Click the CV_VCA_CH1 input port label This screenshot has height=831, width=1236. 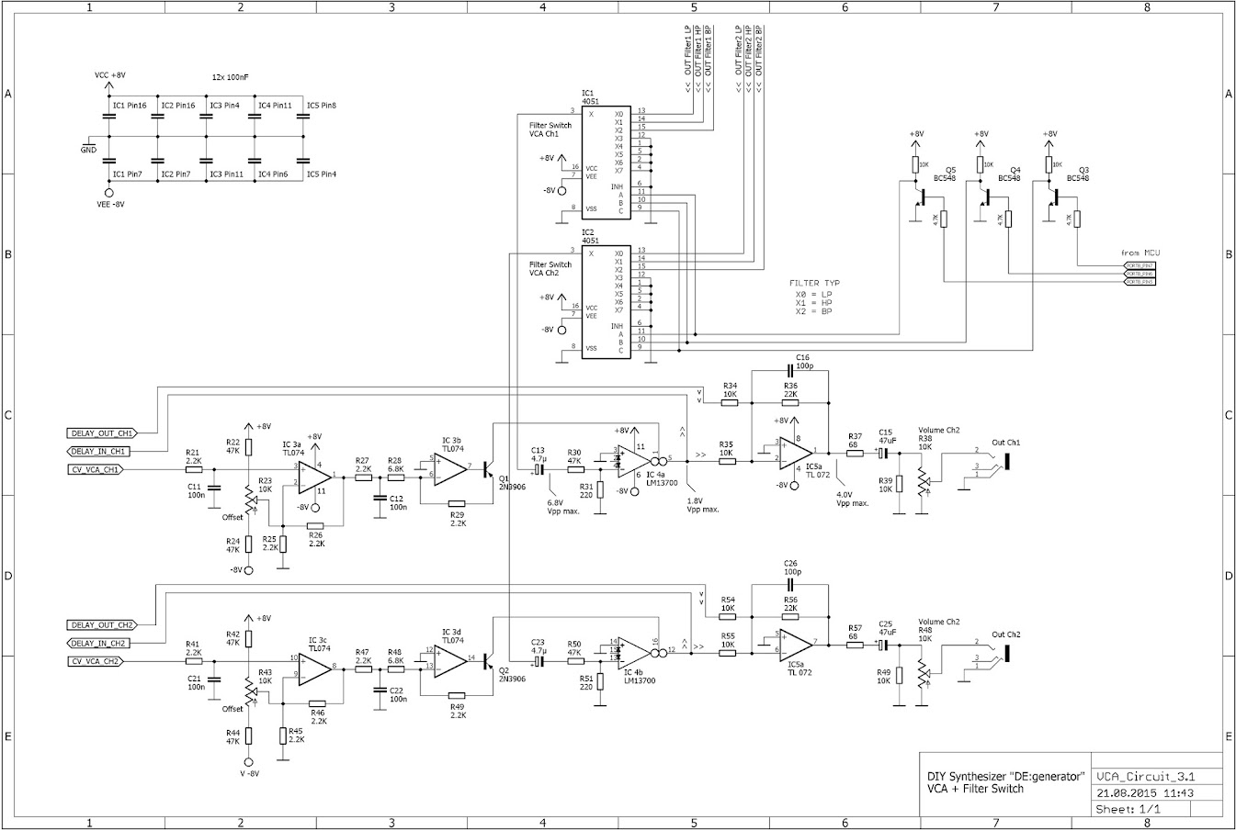click(x=96, y=469)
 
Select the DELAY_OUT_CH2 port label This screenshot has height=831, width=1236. click(x=101, y=624)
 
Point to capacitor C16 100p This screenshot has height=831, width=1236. click(x=790, y=370)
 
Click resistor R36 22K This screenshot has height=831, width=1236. click(x=790, y=401)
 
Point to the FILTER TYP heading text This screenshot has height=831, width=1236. click(x=814, y=283)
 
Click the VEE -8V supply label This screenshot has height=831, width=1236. click(x=109, y=204)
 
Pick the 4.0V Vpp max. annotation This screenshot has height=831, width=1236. click(x=852, y=499)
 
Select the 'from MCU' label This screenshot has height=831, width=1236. click(x=1140, y=252)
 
